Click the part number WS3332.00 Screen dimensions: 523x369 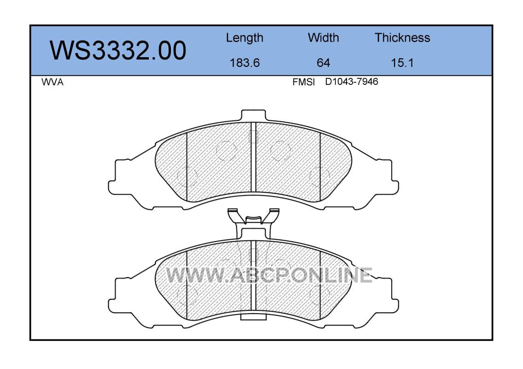click(x=118, y=51)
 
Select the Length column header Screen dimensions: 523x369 click(x=245, y=38)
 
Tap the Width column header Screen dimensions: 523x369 click(x=323, y=37)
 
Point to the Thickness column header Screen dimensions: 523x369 click(x=402, y=37)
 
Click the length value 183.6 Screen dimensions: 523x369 click(x=245, y=63)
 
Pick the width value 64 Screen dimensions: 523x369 click(x=323, y=63)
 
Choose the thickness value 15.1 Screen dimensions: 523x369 click(x=402, y=63)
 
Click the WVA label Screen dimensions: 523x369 click(x=53, y=82)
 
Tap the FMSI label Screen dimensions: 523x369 click(x=304, y=82)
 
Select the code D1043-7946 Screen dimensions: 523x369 click(x=352, y=82)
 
